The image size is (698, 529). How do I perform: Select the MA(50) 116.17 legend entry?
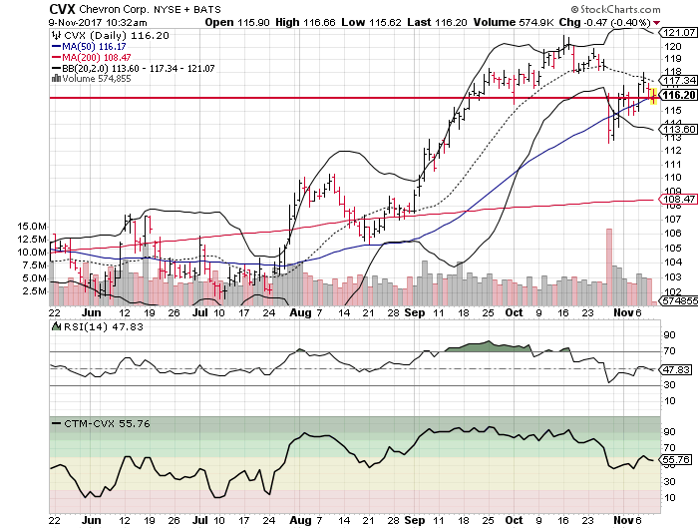93,45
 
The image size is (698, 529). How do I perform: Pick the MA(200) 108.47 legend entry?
96,56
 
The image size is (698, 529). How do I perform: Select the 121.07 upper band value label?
679,33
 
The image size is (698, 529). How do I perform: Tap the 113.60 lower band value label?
679,130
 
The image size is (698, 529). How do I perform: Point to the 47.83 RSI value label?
679,369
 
